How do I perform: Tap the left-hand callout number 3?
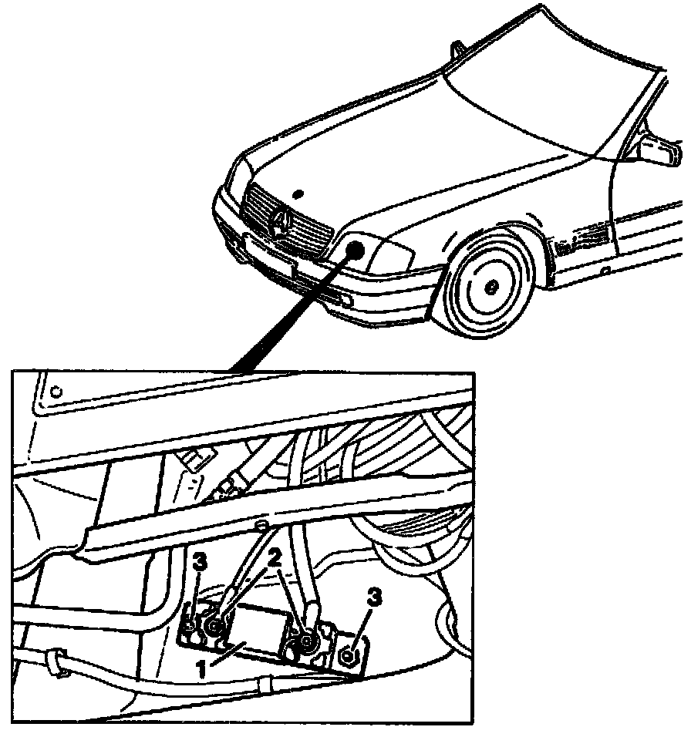[200, 560]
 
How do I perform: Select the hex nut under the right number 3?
[347, 656]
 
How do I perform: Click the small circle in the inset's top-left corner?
[56, 391]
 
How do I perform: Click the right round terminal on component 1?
[308, 641]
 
